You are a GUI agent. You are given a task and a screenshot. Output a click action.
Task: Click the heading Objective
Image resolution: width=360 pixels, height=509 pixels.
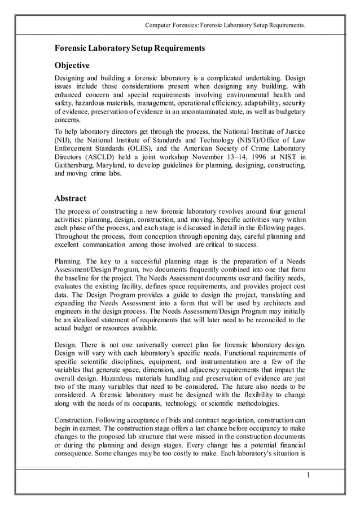coord(72,66)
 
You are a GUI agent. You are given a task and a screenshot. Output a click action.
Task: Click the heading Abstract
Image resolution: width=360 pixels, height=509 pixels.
coord(70,198)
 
